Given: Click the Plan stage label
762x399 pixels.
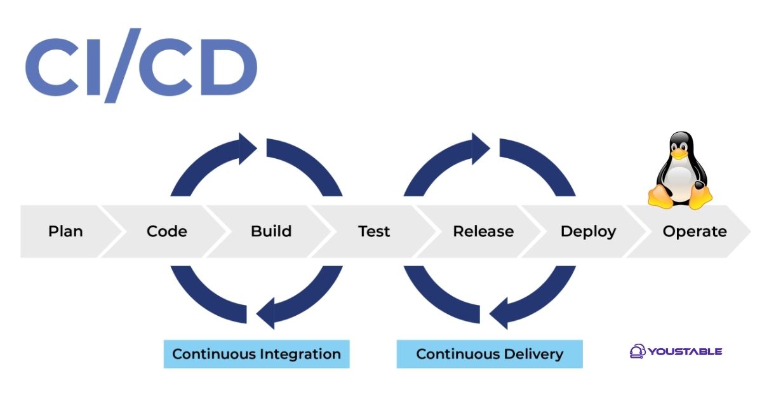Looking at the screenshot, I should tap(65, 231).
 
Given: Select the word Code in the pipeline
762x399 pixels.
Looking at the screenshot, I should tap(166, 231).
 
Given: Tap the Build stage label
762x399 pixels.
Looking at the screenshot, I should tap(271, 231).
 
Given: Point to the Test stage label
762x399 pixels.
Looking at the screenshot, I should tap(374, 231).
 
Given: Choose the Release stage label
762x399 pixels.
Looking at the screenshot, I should tap(483, 231).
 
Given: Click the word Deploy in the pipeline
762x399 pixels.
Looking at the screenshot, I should tap(588, 231).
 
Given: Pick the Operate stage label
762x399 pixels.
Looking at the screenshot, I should tap(695, 231).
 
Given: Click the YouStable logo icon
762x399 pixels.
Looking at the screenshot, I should tap(637, 351).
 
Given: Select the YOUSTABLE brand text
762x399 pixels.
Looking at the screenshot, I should tap(685, 351).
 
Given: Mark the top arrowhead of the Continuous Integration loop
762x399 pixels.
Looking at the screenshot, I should tap(247, 149).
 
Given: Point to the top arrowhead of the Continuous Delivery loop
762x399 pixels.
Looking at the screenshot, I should tap(481, 149).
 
